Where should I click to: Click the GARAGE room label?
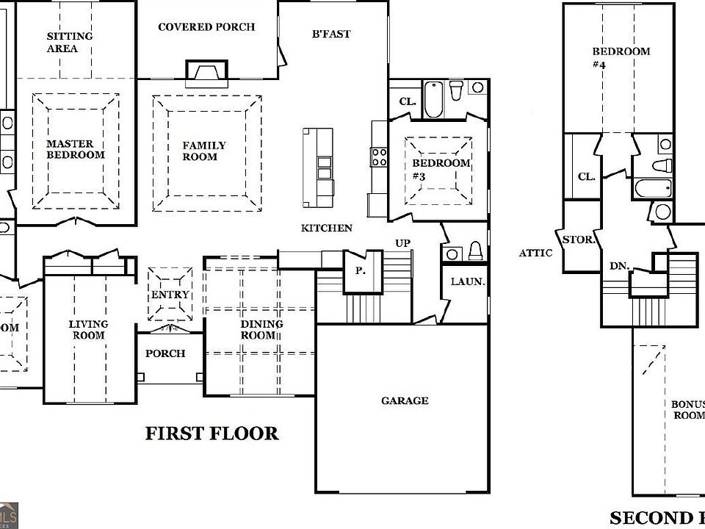[x=405, y=400]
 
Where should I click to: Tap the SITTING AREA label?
[x=70, y=43]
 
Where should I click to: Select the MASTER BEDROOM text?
[x=75, y=149]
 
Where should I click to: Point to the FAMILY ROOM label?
[x=204, y=151]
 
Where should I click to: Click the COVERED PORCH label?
[x=206, y=27]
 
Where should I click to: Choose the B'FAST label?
[x=331, y=34]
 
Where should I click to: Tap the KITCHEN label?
[x=327, y=228]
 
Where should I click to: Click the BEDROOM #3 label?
[x=441, y=169]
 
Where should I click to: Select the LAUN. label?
[x=467, y=281]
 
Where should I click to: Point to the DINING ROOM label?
[x=262, y=330]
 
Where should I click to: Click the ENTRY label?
[x=170, y=295]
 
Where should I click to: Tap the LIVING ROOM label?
[x=88, y=330]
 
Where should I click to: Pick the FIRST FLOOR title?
[x=211, y=433]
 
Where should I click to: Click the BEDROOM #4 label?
[x=621, y=57]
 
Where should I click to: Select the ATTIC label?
[x=535, y=253]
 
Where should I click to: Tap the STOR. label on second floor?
[x=578, y=240]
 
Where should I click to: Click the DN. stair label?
[x=618, y=266]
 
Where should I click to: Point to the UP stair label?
[x=403, y=243]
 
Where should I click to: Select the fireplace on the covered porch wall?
[x=203, y=73]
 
